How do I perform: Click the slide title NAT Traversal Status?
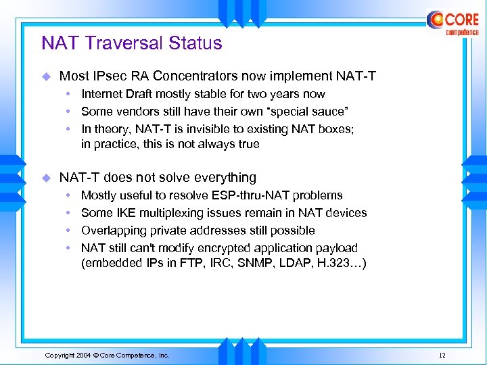click(131, 43)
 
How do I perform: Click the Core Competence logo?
click(453, 23)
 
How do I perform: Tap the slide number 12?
click(442, 355)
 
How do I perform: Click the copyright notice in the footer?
click(107, 355)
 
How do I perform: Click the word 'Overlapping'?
click(112, 230)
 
